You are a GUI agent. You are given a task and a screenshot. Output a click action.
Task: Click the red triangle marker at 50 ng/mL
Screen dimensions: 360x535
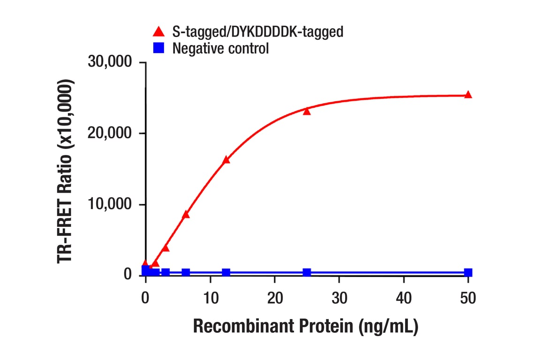click(467, 95)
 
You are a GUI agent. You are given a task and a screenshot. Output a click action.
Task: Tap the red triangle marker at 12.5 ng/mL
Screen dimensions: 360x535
click(226, 160)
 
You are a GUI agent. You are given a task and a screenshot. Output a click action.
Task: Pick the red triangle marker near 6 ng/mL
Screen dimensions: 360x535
click(186, 215)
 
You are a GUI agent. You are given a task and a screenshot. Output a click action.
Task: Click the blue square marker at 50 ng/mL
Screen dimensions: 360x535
click(468, 272)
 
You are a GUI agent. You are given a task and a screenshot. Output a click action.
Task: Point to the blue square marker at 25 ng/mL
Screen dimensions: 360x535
click(307, 272)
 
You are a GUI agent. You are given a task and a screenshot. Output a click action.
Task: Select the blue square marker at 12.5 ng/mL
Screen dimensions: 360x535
click(226, 272)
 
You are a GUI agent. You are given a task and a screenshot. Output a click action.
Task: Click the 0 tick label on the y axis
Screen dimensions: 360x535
click(128, 274)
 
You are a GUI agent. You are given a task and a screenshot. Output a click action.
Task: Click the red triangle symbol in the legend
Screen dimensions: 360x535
click(159, 32)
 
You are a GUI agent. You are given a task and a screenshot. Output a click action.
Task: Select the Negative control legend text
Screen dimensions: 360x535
click(220, 48)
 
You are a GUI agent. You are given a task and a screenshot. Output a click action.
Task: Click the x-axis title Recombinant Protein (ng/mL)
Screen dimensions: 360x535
click(305, 327)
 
